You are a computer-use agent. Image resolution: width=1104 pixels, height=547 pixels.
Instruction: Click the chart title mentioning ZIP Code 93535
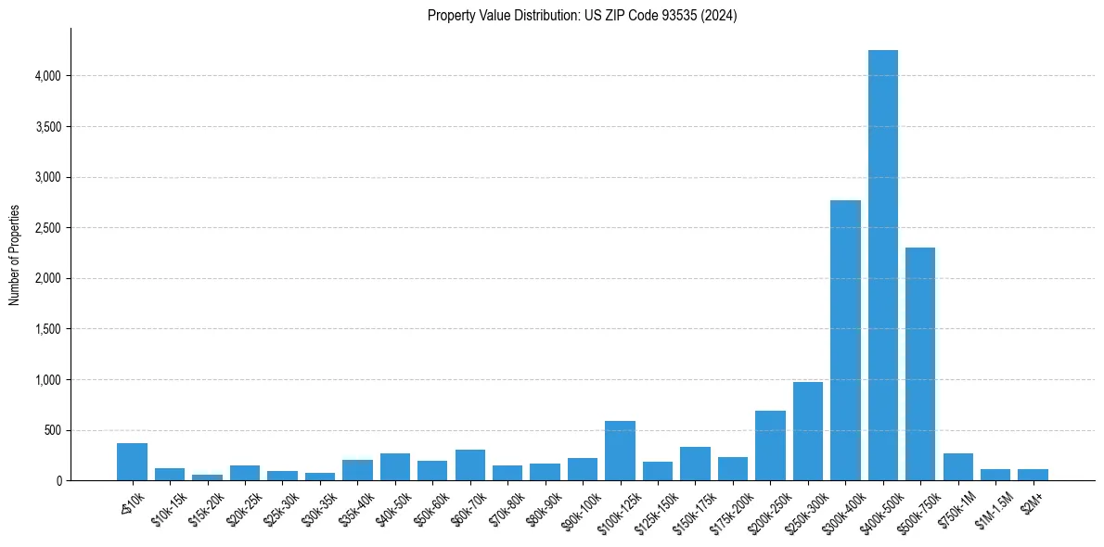[x=582, y=16]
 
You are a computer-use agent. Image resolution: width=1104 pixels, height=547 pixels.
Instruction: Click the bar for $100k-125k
[x=620, y=451]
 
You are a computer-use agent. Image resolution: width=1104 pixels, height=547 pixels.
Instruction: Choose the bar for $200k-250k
[x=770, y=446]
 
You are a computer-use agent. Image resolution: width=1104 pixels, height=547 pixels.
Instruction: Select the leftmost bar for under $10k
[x=132, y=462]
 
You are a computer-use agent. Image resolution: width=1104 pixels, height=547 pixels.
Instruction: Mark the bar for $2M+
[x=1033, y=475]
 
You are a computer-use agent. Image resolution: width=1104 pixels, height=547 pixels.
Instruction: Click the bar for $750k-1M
[x=957, y=466]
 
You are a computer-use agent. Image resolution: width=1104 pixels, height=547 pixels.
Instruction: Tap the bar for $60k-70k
[x=469, y=464]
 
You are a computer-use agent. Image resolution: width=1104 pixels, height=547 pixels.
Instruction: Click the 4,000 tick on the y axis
[x=48, y=76]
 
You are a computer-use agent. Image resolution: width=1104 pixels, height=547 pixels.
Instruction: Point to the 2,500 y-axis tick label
[x=48, y=228]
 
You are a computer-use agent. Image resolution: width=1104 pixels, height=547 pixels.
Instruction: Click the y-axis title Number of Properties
[x=15, y=254]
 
